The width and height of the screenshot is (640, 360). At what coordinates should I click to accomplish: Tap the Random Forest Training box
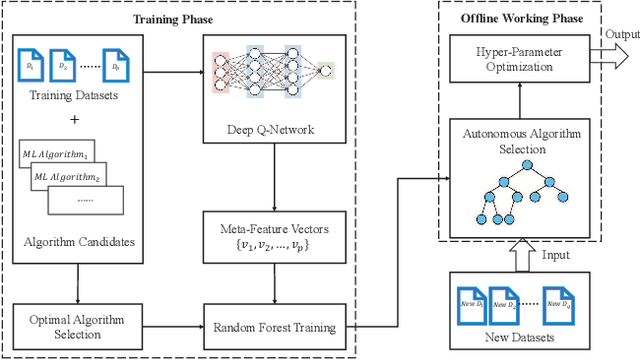[x=274, y=327]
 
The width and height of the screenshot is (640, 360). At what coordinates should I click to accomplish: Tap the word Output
[x=619, y=34]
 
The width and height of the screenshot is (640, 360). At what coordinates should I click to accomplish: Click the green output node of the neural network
[x=326, y=71]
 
